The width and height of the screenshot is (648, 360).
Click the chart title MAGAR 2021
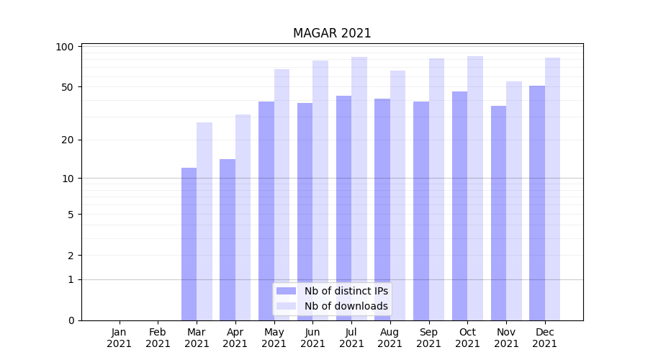pos(332,33)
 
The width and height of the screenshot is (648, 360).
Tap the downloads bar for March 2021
pos(204,221)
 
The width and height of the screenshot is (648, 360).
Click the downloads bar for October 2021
pos(475,188)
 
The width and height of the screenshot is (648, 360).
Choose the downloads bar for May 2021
pos(282,194)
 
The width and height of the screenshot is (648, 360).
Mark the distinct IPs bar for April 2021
pos(228,239)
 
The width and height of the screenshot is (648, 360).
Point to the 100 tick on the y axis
pos(65,47)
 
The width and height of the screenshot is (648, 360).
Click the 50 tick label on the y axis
pos(67,87)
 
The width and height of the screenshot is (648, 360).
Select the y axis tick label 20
pos(67,140)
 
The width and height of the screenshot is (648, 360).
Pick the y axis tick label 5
pos(70,214)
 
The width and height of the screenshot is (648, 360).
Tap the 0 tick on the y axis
pos(70,320)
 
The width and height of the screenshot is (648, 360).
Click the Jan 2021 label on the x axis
pos(120,338)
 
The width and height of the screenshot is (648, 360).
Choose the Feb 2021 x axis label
pos(158,338)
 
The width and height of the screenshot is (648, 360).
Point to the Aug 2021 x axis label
pos(390,338)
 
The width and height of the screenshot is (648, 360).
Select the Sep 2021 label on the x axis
pos(429,338)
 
